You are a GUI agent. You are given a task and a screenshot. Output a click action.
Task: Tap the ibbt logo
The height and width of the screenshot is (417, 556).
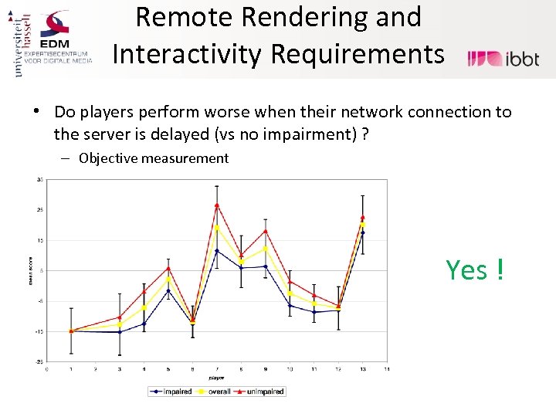click(503, 58)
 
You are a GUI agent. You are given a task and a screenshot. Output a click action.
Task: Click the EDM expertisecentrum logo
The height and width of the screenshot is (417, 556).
click(65, 39)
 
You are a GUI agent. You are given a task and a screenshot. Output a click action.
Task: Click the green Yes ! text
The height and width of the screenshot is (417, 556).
click(474, 270)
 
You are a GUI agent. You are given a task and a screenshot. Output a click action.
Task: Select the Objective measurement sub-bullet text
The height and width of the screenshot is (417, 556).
click(154, 158)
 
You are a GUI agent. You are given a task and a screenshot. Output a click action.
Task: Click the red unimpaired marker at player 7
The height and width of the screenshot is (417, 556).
click(217, 205)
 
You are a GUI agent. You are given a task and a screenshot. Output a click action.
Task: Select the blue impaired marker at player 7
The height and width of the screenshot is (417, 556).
click(217, 251)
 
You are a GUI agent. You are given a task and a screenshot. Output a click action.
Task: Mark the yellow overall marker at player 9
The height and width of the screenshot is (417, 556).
click(266, 249)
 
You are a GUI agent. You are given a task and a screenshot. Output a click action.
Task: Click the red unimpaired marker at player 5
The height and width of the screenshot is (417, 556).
click(168, 268)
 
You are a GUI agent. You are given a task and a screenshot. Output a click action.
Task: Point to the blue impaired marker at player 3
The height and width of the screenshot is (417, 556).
click(120, 332)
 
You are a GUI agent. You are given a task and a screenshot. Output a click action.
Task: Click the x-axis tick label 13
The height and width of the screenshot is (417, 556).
click(363, 370)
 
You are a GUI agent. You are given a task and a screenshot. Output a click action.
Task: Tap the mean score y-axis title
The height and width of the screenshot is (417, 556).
click(30, 270)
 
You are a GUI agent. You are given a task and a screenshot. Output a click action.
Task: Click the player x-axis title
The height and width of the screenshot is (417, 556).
click(216, 378)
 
